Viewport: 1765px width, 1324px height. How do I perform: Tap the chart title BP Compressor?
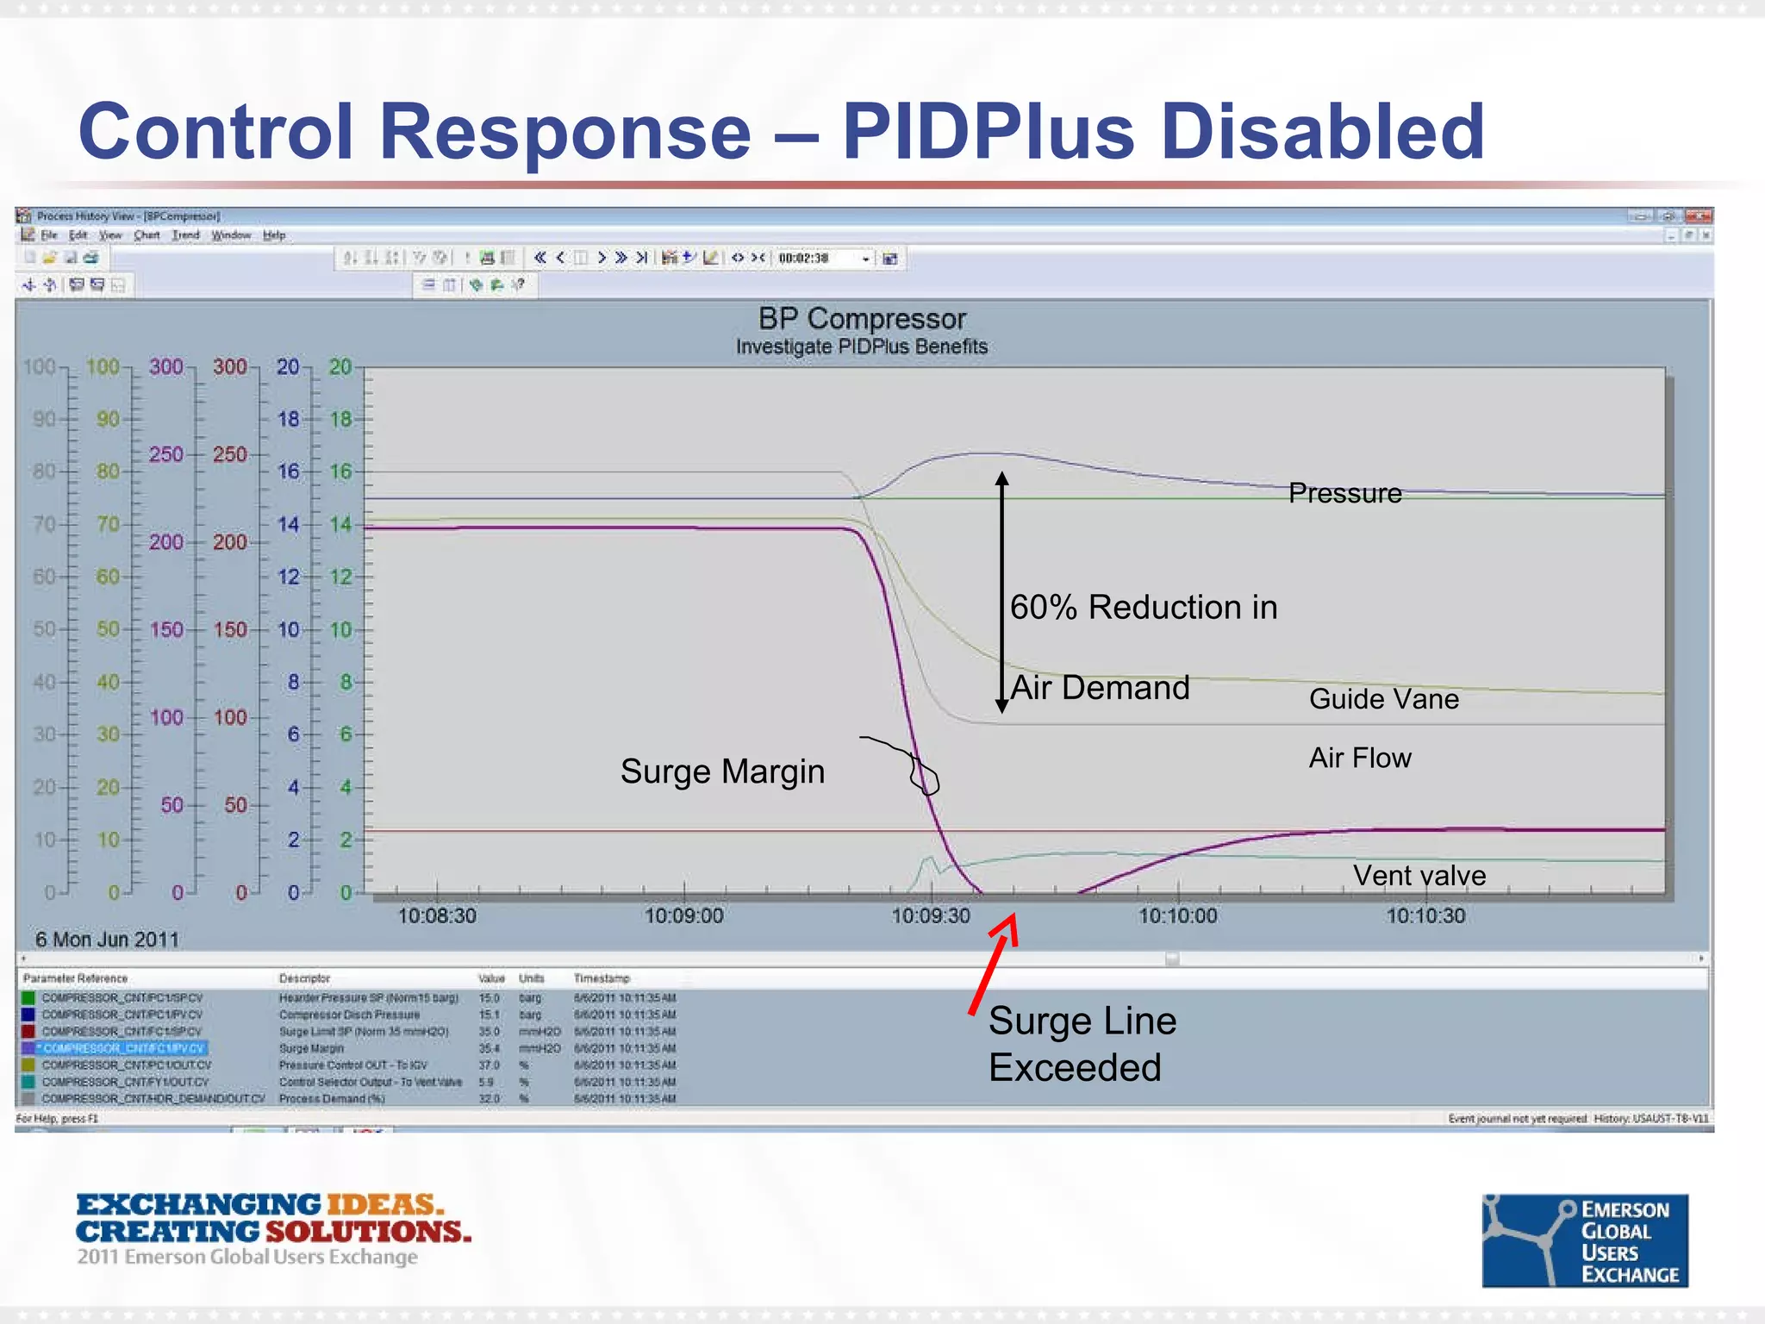[x=862, y=319]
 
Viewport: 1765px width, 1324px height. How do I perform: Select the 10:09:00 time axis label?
[x=683, y=915]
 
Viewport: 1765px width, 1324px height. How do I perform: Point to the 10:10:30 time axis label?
[x=1425, y=915]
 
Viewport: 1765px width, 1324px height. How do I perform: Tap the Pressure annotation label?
[x=1344, y=493]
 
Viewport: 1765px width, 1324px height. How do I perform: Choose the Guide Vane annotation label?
[x=1383, y=699]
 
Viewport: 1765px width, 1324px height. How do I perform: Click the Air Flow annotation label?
[x=1360, y=758]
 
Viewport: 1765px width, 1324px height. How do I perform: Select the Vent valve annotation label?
[x=1419, y=876]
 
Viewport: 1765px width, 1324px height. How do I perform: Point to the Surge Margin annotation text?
[x=722, y=771]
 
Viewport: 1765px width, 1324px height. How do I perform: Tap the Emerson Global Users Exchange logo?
[x=1584, y=1240]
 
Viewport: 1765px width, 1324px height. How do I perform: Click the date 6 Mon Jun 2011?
[x=107, y=940]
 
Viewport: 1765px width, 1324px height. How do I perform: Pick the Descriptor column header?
[x=304, y=978]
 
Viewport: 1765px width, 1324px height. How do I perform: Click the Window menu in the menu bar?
[x=231, y=235]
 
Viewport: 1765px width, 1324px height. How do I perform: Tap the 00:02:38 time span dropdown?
[x=823, y=258]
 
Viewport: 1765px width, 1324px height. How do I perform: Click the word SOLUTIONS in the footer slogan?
[x=368, y=1232]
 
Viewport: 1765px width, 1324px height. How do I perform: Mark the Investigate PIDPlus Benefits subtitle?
[x=862, y=347]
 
